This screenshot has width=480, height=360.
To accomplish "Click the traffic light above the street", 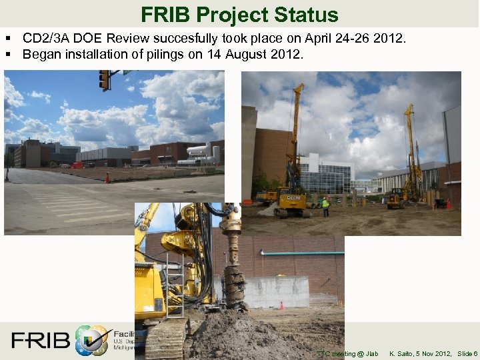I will pyautogui.click(x=104, y=80).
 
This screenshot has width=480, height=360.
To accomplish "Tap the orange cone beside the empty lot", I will pyautogui.click(x=107, y=178).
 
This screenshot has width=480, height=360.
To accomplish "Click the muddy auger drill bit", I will pyautogui.click(x=234, y=280).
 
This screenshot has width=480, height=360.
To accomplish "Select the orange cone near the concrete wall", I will pyautogui.click(x=281, y=306).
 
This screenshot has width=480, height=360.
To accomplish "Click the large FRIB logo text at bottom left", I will pyautogui.click(x=40, y=341).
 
